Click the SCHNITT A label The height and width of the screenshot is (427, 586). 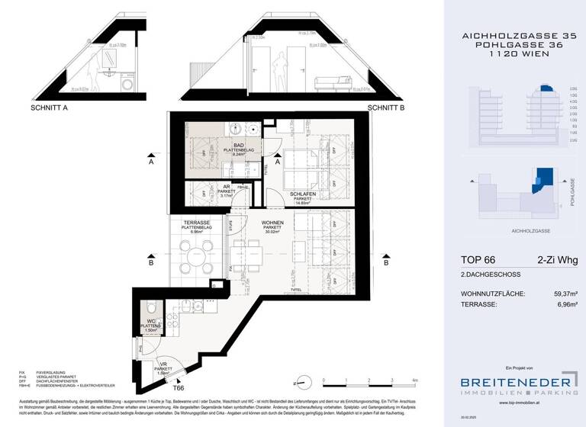tap(49, 108)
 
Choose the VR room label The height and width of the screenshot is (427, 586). tap(163, 364)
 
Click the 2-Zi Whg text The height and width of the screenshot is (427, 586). tap(557, 260)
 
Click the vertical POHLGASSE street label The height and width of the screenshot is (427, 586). tap(572, 193)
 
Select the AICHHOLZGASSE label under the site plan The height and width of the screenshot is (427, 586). tap(520, 230)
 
